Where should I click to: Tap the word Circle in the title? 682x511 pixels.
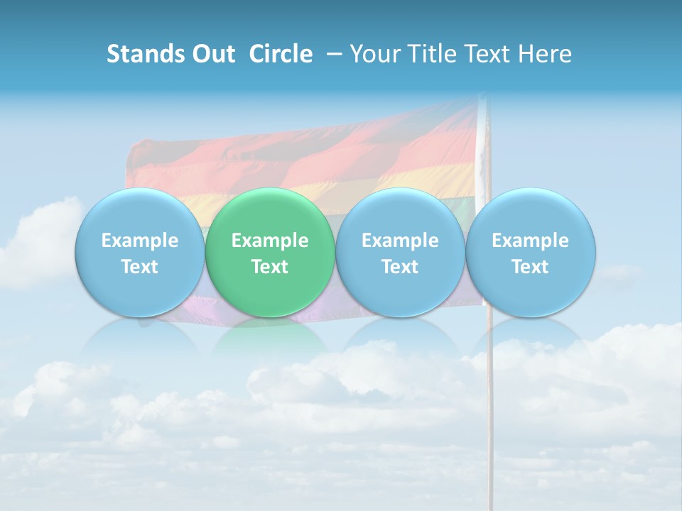pos(281,54)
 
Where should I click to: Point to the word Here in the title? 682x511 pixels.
pos(544,54)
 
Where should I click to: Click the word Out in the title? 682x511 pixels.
pos(212,54)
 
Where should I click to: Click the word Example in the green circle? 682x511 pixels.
pos(270,241)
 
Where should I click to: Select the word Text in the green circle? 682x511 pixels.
pos(270,267)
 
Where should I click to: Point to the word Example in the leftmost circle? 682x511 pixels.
pos(140,241)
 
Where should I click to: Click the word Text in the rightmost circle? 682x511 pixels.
pos(531,267)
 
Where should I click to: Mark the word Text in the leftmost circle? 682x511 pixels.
pos(140,267)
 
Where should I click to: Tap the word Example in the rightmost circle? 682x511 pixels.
pos(531,241)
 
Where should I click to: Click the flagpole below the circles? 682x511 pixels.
pos(489,412)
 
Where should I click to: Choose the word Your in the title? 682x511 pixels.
pos(372,54)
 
